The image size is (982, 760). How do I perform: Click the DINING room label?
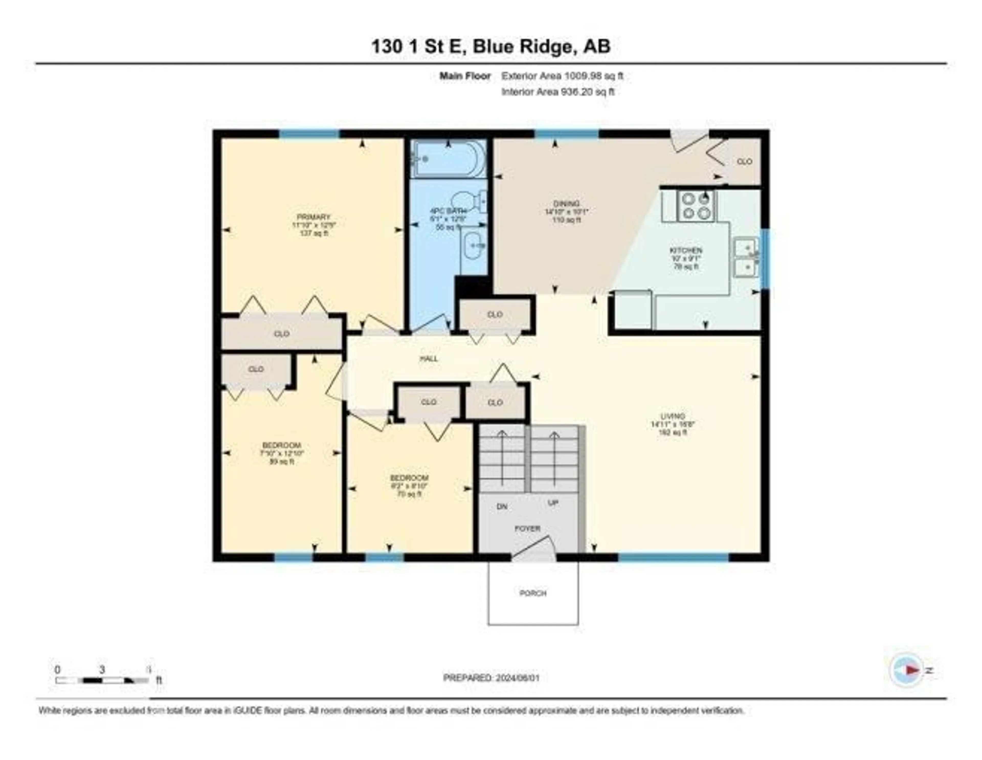tap(566, 203)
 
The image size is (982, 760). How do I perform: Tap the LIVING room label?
tap(673, 416)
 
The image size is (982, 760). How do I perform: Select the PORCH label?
tap(533, 593)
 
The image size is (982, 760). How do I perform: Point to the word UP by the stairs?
tap(553, 503)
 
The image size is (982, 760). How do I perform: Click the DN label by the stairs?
tap(502, 506)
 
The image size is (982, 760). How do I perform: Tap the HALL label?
tap(429, 359)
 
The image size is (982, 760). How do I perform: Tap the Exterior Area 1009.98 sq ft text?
tap(562, 76)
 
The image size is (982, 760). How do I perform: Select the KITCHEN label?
tap(686, 250)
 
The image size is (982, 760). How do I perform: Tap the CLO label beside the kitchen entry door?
tap(745, 161)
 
